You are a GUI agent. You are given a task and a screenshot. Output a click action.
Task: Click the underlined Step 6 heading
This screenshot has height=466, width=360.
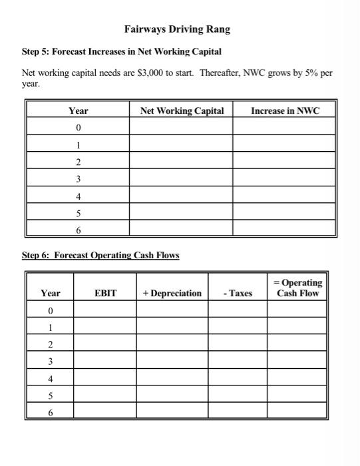pos(101,255)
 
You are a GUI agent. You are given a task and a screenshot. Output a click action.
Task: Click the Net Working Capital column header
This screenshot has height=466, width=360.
pos(182,111)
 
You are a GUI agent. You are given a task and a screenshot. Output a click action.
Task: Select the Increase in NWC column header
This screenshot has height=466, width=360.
pos(284,111)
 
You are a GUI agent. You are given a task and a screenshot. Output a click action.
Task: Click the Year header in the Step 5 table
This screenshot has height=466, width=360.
pos(79,111)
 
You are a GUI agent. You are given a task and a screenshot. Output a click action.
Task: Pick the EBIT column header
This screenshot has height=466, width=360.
pos(106,293)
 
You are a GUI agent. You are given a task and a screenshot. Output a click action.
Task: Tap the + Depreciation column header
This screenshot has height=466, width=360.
pos(172,293)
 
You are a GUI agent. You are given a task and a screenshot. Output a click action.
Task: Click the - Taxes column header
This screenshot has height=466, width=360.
pos(238,293)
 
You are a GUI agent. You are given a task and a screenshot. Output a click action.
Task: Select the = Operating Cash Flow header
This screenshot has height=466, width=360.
pos(297,288)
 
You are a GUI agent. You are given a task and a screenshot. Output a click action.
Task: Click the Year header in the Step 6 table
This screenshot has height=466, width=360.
pos(51,293)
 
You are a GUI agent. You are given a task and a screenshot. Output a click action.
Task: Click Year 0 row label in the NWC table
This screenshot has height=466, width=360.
pos(79,127)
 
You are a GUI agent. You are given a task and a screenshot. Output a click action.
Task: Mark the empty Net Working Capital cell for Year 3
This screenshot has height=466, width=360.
pos(182,178)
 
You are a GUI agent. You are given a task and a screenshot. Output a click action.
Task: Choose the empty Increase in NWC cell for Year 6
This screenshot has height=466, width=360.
pos(284,229)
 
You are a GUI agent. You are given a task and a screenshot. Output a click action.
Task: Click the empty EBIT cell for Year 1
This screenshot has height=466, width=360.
pos(106,327)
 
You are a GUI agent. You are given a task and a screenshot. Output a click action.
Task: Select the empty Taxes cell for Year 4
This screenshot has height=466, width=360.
pos(238,377)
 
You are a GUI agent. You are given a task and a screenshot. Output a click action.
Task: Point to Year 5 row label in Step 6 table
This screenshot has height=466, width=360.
pos(51,395)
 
